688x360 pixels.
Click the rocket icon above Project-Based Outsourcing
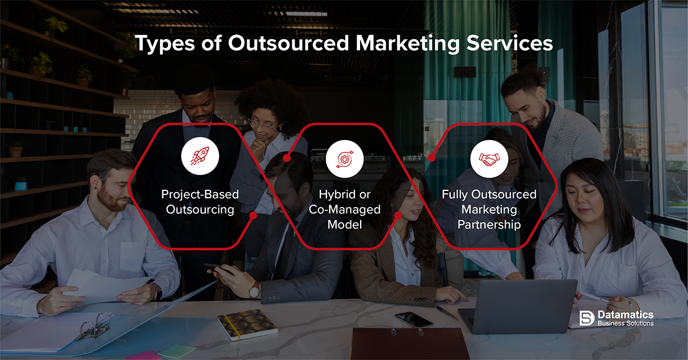click(x=200, y=156)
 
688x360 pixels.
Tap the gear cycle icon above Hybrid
click(x=345, y=159)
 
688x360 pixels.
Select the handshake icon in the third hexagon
click(x=489, y=159)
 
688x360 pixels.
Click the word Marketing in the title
click(x=408, y=44)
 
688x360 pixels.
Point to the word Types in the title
click(x=165, y=44)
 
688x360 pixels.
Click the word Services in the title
click(x=510, y=43)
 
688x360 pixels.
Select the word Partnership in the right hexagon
click(x=489, y=225)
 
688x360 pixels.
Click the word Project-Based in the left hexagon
click(x=200, y=194)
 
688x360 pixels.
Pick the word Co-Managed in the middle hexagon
click(x=345, y=209)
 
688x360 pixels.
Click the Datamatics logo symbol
click(x=587, y=318)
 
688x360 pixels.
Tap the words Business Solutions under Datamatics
click(x=626, y=323)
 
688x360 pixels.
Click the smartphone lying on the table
click(x=414, y=319)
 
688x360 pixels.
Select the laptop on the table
click(x=518, y=307)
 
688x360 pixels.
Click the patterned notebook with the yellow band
click(x=248, y=324)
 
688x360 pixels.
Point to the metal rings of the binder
click(x=94, y=326)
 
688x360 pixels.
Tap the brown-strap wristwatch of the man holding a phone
click(x=255, y=291)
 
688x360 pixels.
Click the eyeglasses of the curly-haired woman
click(x=261, y=125)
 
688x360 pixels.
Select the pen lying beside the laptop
click(x=447, y=313)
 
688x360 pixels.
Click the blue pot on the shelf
click(x=21, y=186)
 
